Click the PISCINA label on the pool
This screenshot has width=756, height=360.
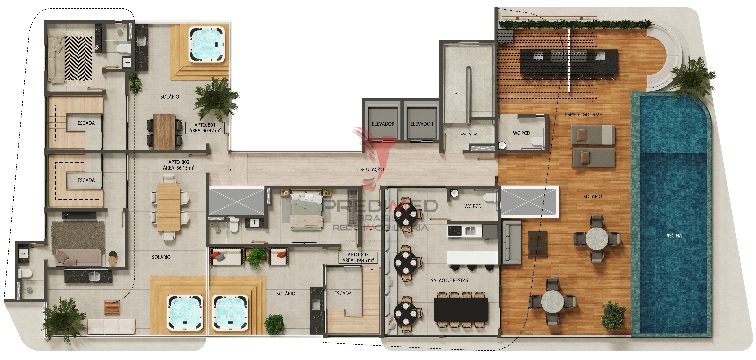pyautogui.click(x=673, y=236)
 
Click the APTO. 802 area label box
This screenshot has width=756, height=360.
pyautogui.click(x=179, y=165)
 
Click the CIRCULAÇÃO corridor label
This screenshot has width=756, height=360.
pyautogui.click(x=370, y=169)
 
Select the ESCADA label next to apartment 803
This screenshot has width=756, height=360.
pyautogui.click(x=343, y=293)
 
